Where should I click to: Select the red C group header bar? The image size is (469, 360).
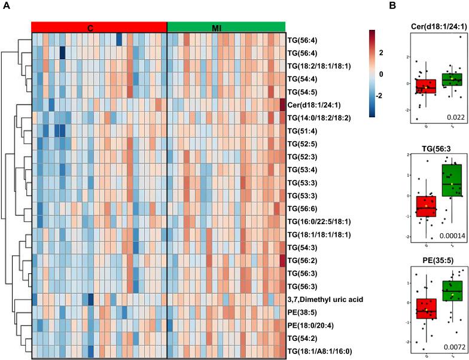(99, 26)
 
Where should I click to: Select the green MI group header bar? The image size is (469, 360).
(226, 26)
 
